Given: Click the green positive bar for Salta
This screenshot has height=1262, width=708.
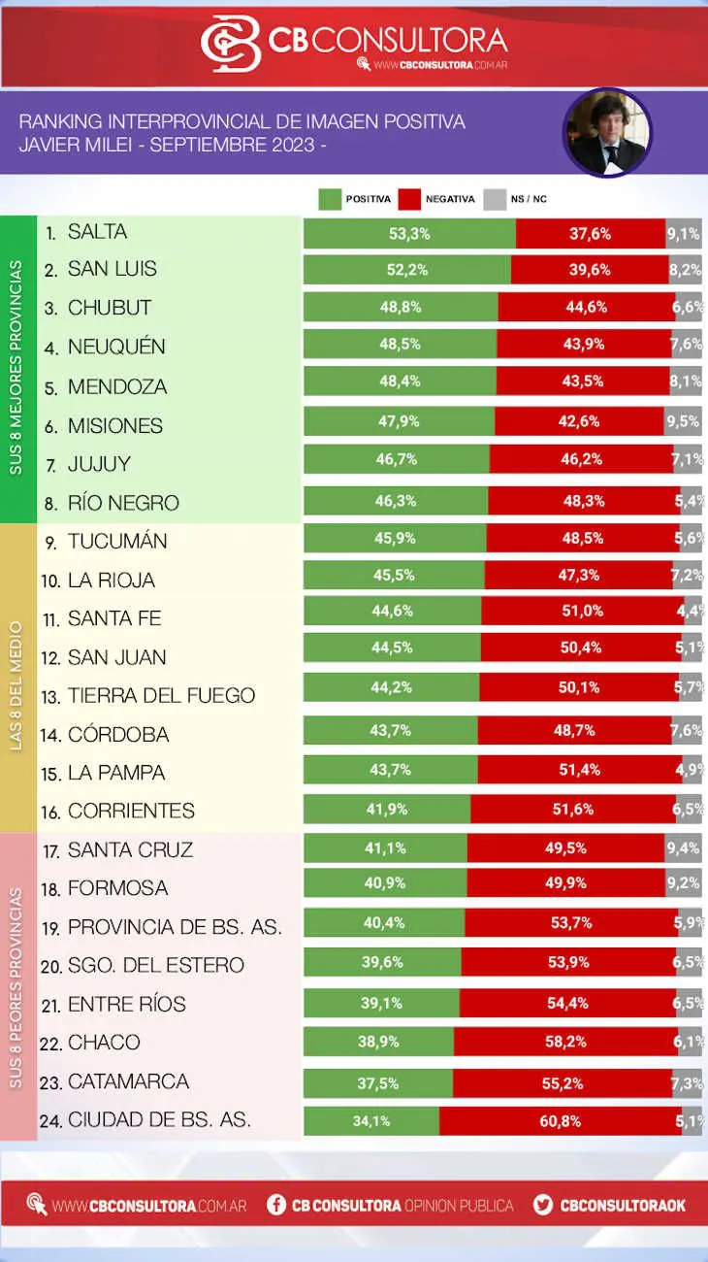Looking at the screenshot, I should click(x=409, y=233).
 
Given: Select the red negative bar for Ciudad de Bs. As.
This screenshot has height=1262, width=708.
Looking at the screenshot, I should click(x=560, y=1121).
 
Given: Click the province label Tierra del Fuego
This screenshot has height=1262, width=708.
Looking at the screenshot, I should click(x=161, y=696).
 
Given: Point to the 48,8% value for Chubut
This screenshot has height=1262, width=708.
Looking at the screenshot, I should click(x=400, y=308).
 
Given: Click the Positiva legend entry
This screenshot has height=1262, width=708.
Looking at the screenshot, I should click(x=355, y=199).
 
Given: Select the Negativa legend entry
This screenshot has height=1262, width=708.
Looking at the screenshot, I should click(x=436, y=199).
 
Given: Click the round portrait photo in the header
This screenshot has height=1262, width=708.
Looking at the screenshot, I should click(x=607, y=133).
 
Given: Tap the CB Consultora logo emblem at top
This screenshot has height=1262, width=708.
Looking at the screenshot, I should click(x=231, y=43).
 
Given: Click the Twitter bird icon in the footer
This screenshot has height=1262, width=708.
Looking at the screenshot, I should click(x=543, y=1206).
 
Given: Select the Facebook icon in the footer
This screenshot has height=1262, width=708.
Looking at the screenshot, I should click(x=276, y=1206).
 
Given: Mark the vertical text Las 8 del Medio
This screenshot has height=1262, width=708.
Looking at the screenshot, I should click(x=17, y=678).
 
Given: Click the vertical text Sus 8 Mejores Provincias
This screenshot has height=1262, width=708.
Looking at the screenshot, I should click(x=17, y=369).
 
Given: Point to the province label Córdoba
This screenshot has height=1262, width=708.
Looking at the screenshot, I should click(x=118, y=735).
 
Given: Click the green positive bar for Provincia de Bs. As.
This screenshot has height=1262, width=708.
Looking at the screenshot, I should click(x=384, y=922).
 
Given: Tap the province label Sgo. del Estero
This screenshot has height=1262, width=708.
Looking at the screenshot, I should click(x=155, y=965).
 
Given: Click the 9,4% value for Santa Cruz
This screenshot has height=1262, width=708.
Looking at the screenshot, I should click(x=683, y=848).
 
